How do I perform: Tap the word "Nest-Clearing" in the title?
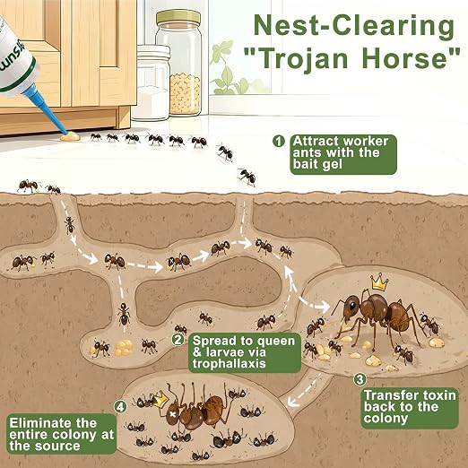[x=354, y=26]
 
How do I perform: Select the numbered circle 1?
[x=279, y=141]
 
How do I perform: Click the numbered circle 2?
[x=178, y=340]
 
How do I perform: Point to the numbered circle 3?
[x=360, y=379]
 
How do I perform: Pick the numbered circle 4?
[x=120, y=407]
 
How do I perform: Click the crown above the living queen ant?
[x=379, y=282]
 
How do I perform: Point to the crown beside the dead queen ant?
[x=159, y=400]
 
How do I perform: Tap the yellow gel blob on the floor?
[x=70, y=136]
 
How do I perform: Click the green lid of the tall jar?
[x=178, y=18]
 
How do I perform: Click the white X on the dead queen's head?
[x=172, y=414]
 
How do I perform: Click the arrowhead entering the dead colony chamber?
[x=292, y=403]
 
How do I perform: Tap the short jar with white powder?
[x=152, y=82]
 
